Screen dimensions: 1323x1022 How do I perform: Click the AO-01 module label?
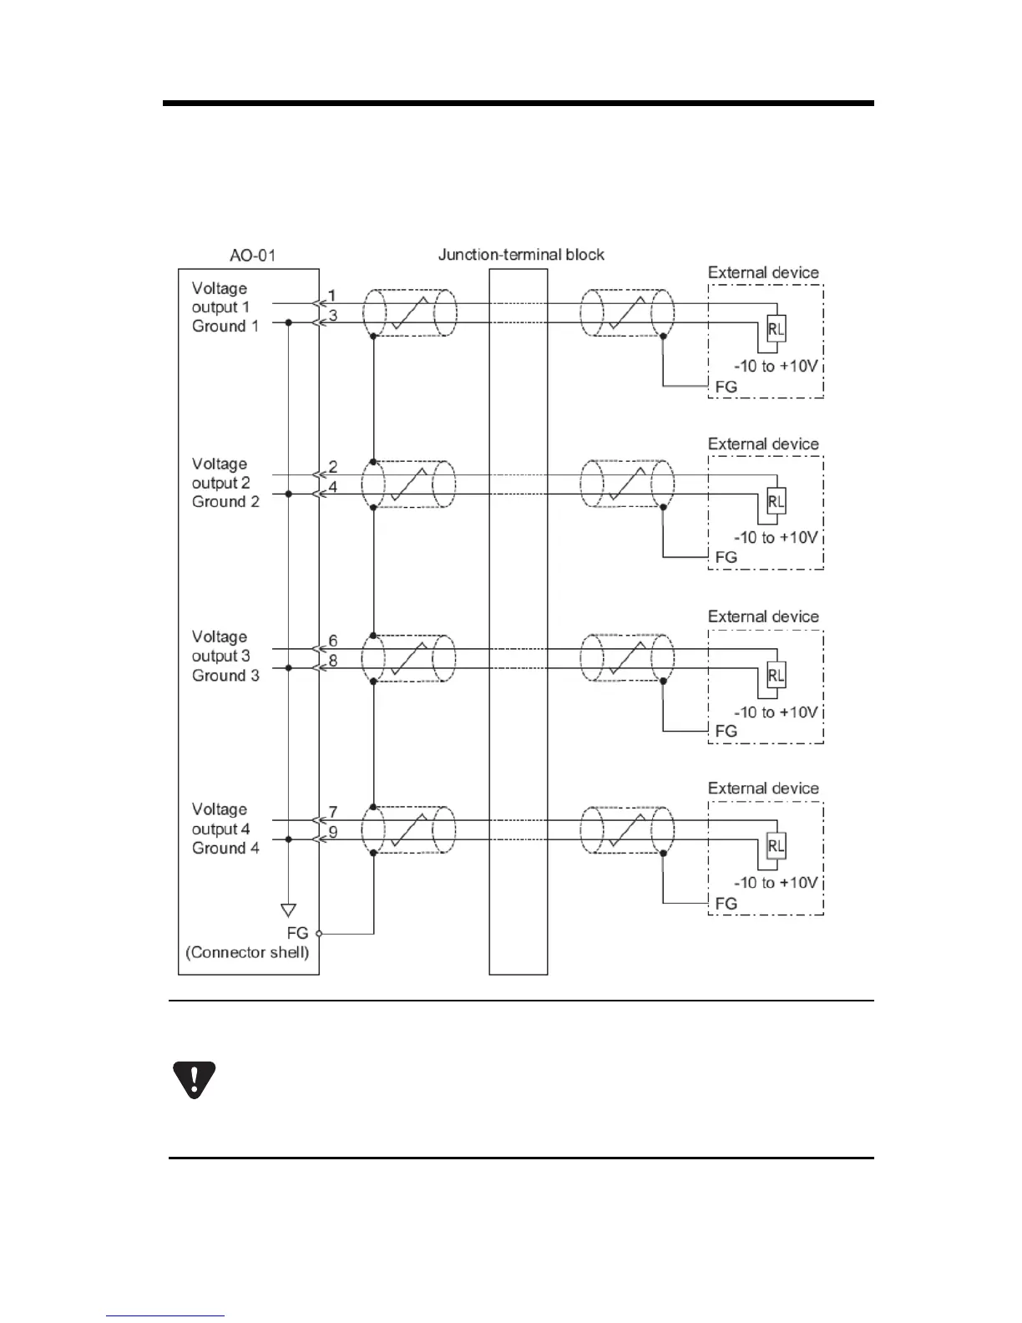point(252,255)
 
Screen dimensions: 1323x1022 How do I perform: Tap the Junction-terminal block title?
point(521,255)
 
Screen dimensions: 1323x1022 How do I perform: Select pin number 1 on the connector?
point(331,296)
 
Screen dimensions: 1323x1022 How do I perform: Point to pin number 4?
point(332,486)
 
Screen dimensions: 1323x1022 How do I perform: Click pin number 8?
point(332,660)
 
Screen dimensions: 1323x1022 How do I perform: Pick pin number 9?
point(332,832)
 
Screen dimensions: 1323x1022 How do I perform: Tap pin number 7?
point(332,813)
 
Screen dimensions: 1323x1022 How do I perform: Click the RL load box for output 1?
point(776,328)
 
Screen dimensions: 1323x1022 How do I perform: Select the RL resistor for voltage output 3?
point(776,674)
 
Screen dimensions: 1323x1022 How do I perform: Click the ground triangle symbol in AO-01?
point(288,910)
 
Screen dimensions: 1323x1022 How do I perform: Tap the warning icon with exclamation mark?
point(194,1079)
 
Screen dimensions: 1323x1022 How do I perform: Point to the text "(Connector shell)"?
point(248,952)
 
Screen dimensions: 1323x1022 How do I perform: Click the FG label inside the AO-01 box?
point(297,933)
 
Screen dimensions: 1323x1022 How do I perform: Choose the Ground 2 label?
point(225,502)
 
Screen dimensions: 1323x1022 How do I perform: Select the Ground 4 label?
point(225,849)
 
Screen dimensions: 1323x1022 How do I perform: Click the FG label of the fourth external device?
point(726,904)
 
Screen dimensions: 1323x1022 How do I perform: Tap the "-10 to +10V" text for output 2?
point(776,537)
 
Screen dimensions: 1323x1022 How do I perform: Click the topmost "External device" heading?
point(763,272)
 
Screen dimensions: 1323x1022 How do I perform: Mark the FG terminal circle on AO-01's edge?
point(319,934)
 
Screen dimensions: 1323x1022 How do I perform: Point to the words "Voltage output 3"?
point(220,646)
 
